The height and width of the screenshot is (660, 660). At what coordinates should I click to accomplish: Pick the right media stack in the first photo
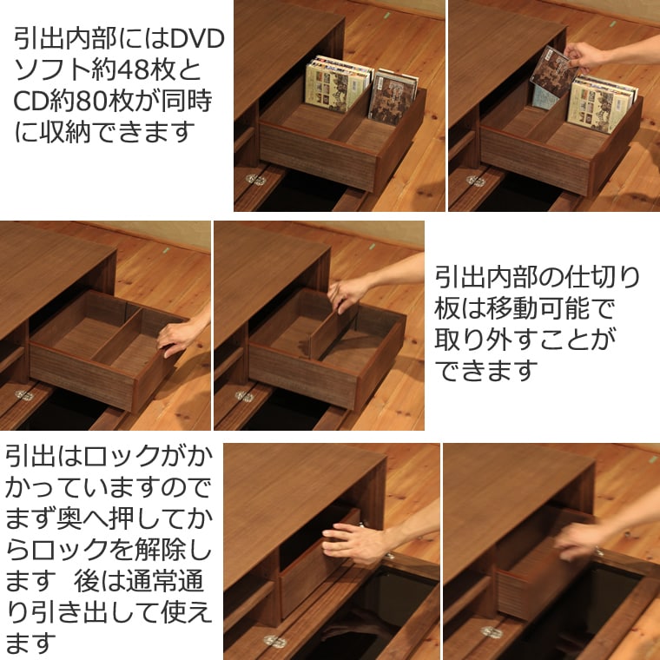pyautogui.click(x=393, y=94)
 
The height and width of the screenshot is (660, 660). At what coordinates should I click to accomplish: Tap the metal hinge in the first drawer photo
pyautogui.click(x=255, y=180)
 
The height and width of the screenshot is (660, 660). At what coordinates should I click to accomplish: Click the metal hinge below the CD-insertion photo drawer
pyautogui.click(x=475, y=181)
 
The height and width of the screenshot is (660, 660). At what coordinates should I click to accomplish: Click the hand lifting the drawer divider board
pyautogui.click(x=349, y=294)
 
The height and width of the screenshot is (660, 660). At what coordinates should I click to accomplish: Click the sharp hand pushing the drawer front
pyautogui.click(x=356, y=543)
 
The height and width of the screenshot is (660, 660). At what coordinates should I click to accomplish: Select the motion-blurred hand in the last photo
pyautogui.click(x=580, y=539)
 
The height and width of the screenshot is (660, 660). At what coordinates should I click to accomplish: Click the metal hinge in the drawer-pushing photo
pyautogui.click(x=275, y=641)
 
